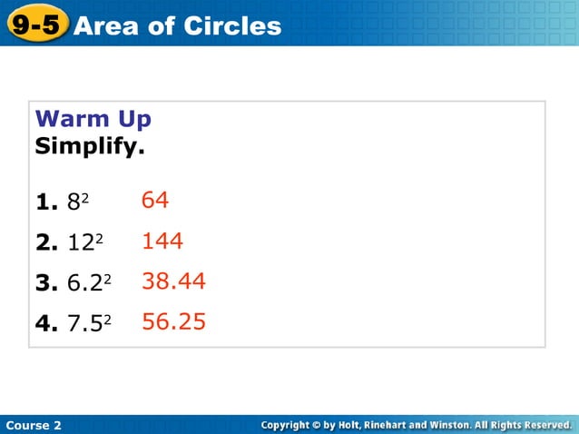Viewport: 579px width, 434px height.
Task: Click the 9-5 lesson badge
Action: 36,25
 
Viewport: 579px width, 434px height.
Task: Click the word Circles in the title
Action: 232,26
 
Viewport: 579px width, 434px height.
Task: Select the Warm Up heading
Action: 93,119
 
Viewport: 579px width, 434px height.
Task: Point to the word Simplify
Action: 89,145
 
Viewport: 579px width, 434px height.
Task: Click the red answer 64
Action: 155,200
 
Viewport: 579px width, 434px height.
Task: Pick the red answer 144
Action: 162,241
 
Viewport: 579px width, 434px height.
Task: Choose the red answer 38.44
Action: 173,281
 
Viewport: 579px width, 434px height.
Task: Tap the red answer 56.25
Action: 173,321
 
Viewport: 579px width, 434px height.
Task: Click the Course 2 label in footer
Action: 34,425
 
